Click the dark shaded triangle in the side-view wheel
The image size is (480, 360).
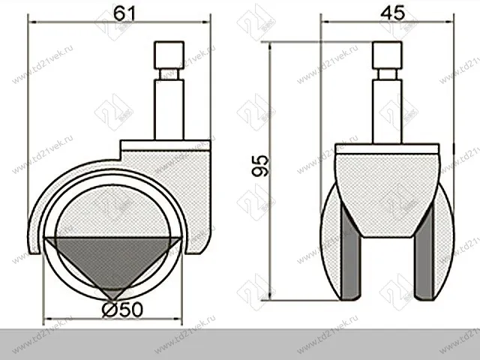(x=112, y=259)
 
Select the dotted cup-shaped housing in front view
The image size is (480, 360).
(x=385, y=191)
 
